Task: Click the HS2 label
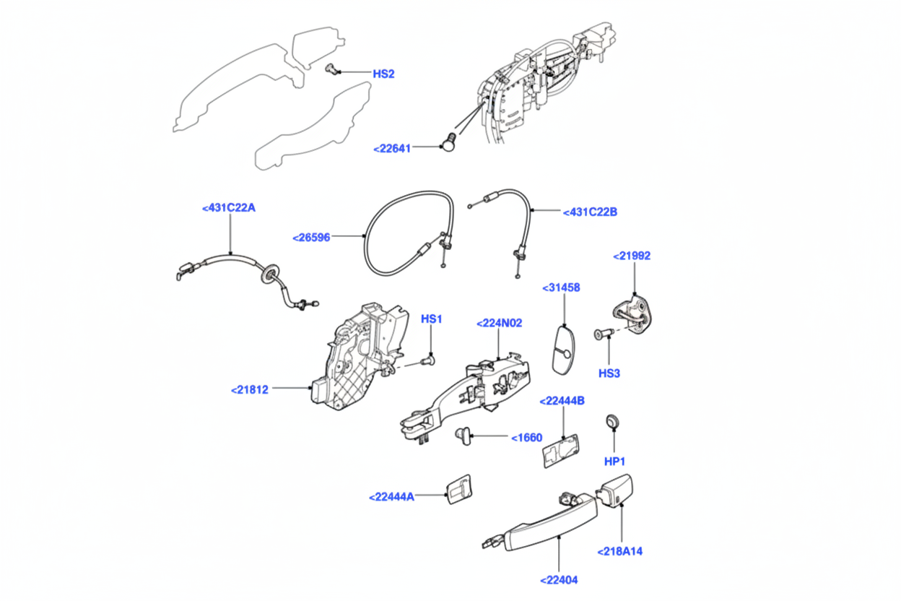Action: (x=383, y=74)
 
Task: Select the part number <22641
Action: (x=392, y=149)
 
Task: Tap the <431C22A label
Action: (x=229, y=208)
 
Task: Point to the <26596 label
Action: (x=312, y=237)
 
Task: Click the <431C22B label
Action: (x=590, y=212)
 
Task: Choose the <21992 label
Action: (x=632, y=256)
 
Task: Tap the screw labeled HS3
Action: (x=604, y=333)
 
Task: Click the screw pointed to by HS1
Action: (x=429, y=358)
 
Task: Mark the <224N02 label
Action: (x=499, y=323)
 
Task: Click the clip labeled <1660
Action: (x=461, y=434)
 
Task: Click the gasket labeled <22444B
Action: (x=561, y=451)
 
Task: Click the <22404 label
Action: (x=559, y=579)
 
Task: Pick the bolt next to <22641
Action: (x=449, y=142)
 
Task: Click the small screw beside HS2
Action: (x=332, y=69)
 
